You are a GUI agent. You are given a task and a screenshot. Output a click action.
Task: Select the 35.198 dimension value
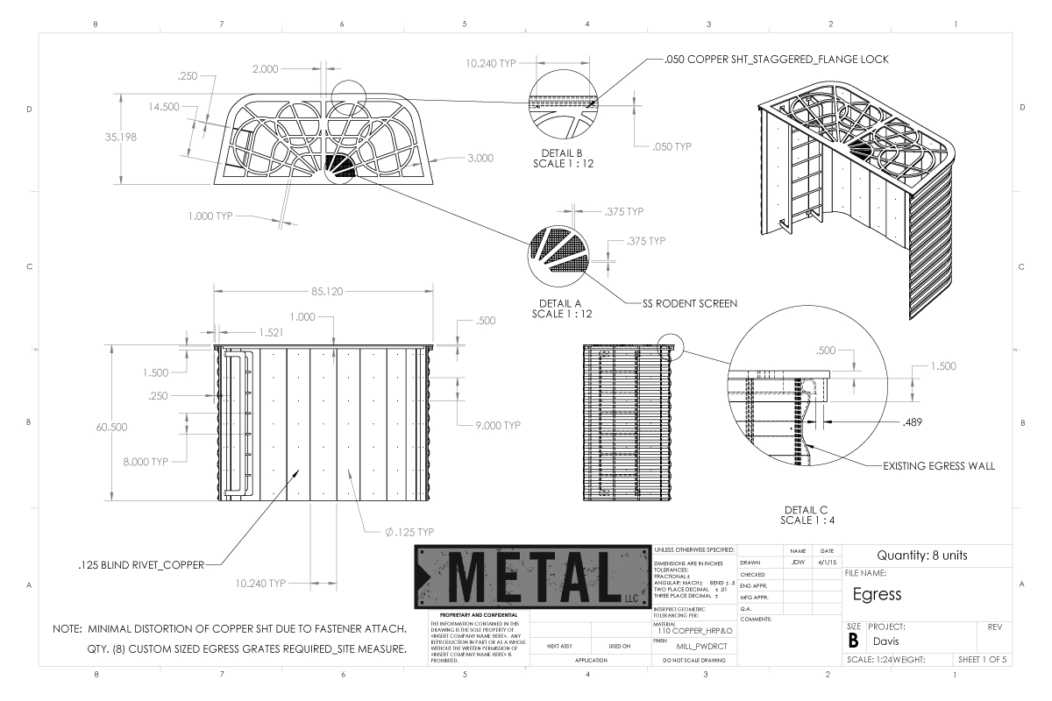tap(118, 137)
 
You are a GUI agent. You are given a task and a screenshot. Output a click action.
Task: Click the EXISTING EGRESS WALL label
tap(939, 466)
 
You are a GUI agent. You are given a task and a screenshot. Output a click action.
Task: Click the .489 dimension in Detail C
tap(912, 421)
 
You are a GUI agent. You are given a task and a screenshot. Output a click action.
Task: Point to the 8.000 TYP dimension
tap(148, 460)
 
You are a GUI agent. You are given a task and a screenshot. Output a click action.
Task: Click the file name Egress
tap(878, 594)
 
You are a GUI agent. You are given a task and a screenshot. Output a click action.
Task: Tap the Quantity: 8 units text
tap(927, 555)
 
